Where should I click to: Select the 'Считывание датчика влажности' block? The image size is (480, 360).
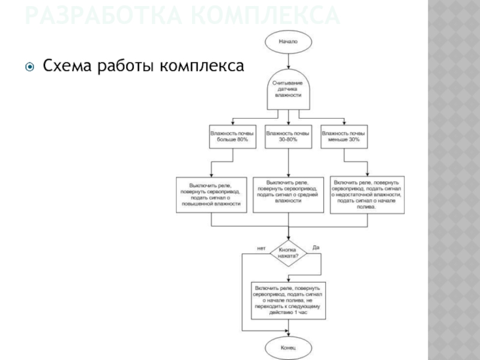[x=288, y=89]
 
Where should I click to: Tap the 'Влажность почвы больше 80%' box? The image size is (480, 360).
[x=232, y=136]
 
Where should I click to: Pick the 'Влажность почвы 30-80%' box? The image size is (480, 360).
[x=288, y=136]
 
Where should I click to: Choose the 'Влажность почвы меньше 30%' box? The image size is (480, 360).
[x=344, y=136]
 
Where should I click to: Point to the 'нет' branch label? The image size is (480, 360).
[x=261, y=248]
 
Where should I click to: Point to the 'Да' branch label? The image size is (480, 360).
[x=316, y=247]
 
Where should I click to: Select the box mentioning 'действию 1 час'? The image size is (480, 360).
[x=289, y=300]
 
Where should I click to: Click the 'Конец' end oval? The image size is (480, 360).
[x=288, y=347]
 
